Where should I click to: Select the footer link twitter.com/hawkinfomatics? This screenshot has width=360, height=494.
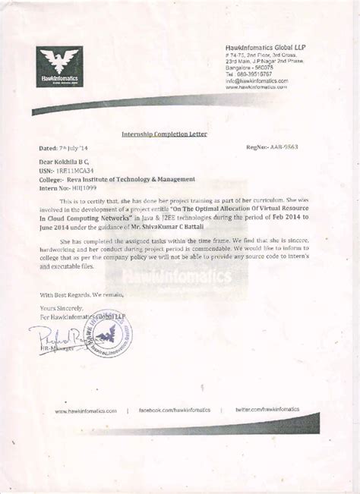click(x=267, y=409)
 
